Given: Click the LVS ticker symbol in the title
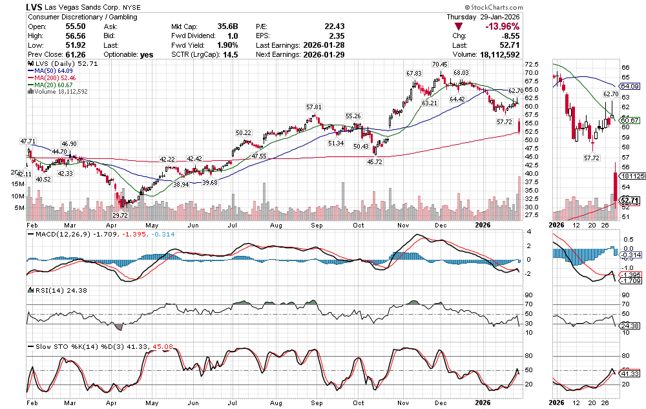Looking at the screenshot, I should [36, 6].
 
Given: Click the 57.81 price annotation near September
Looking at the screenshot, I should [314, 107].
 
